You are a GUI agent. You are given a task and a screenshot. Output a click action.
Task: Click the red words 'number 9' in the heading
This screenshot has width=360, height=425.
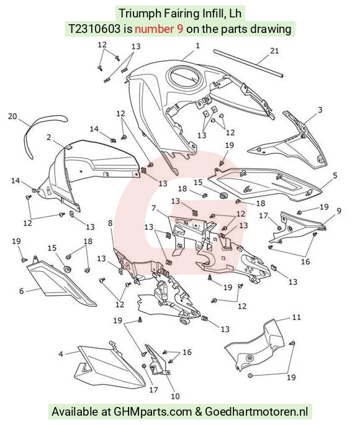pos(159,29)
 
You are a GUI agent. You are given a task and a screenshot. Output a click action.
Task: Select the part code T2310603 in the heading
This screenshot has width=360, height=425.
pos(94,29)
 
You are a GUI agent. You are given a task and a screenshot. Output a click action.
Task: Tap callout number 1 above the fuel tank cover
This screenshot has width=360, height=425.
pos(197,45)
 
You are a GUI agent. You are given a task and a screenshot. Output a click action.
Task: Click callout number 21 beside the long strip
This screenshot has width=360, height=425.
pos(274,51)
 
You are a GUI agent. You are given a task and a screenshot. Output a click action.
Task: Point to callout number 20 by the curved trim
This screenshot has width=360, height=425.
pos(12,116)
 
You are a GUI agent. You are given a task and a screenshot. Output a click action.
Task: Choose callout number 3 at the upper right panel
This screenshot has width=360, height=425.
pos(320,110)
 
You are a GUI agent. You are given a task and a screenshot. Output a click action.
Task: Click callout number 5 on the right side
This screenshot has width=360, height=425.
pos(335,176)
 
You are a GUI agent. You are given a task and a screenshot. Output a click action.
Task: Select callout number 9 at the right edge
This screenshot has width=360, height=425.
pos(339,211)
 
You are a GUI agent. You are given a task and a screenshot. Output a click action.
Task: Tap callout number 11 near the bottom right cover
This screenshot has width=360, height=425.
pos(297,317)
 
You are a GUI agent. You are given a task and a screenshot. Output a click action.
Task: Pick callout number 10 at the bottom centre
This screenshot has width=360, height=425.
pos(175,396)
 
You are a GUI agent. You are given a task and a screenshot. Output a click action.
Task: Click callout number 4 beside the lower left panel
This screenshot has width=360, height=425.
pos(61,354)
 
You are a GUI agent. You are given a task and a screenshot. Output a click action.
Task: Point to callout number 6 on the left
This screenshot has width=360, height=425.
pos(21,291)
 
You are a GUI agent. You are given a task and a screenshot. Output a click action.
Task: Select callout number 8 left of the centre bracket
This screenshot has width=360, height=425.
pos(110,223)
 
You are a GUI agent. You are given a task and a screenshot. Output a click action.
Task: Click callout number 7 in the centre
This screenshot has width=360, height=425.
pos(154,208)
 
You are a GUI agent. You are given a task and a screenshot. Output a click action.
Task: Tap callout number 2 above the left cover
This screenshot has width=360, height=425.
pos(48,137)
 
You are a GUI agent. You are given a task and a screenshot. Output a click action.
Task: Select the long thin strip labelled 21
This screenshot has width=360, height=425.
pos(248,63)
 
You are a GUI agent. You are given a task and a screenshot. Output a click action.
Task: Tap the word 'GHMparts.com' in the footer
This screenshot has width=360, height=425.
pos(153,412)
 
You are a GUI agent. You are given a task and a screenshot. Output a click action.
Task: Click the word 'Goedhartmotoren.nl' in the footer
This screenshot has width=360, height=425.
pos(256,412)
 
